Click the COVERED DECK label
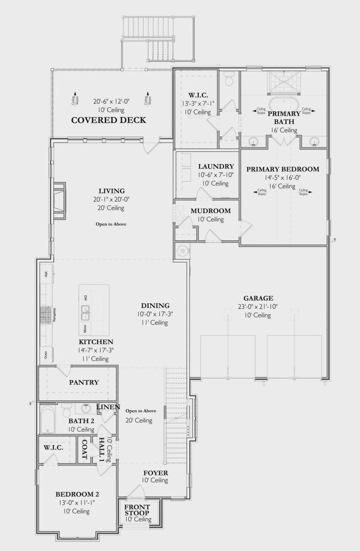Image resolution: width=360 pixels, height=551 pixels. [109, 120]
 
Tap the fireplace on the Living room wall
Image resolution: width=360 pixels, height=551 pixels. [59, 200]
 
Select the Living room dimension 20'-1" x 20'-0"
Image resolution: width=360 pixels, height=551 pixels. [111, 199]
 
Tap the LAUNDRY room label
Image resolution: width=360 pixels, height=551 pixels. [216, 166]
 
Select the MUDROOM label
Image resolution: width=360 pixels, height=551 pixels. [211, 211]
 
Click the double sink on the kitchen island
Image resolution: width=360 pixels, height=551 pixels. [85, 313]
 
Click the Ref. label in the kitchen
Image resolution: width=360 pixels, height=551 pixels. [46, 274]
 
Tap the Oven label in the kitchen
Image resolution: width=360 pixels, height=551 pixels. [46, 355]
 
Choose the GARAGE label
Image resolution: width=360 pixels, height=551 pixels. [258, 298]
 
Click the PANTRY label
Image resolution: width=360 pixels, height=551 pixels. [84, 382]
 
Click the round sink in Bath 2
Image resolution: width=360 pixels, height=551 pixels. [85, 408]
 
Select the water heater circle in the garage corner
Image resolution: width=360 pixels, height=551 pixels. [182, 250]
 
